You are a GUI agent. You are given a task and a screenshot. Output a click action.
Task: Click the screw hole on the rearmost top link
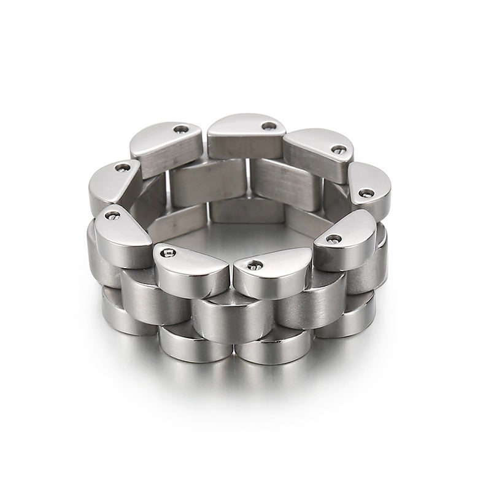click(269, 126)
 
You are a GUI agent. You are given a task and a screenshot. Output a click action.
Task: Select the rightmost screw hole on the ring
click(366, 193)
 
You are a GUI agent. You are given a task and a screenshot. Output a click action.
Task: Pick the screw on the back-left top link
click(181, 129)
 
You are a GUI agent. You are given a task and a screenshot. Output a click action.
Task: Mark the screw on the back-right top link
click(339, 149)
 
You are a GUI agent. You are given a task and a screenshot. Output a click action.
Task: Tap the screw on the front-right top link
click(334, 238)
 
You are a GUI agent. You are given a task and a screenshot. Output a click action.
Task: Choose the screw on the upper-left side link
click(123, 168)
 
